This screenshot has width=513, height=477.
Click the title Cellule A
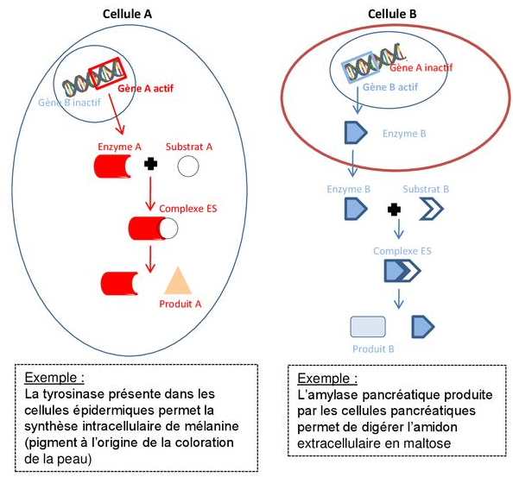[127, 14]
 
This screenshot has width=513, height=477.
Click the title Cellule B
[392, 14]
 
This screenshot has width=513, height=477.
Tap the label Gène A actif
[145, 88]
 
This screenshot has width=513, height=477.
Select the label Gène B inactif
[69, 103]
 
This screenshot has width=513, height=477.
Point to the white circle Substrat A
[188, 166]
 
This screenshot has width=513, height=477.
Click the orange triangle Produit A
[178, 280]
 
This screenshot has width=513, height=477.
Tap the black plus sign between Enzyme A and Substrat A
[150, 164]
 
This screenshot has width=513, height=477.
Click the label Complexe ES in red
[187, 209]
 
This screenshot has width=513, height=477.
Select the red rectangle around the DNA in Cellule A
[107, 73]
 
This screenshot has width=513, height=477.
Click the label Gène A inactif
[421, 67]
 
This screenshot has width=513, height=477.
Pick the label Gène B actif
[390, 87]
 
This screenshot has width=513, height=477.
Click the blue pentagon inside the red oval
[356, 133]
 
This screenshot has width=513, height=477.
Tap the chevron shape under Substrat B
[432, 209]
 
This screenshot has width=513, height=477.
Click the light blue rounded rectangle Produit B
[368, 326]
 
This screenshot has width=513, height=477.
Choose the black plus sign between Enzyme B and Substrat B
[394, 210]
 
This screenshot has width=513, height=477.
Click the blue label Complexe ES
[402, 251]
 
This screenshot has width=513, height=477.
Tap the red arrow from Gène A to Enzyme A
[116, 114]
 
